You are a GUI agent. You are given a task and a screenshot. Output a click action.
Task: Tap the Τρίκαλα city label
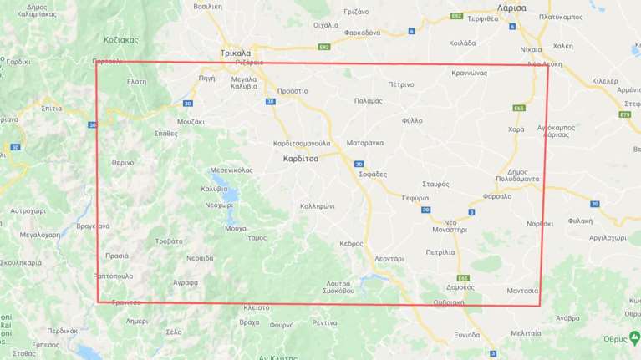pos(236,53)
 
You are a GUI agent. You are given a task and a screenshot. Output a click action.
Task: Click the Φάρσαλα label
pos(497,196)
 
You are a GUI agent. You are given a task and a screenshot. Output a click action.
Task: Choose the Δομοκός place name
pos(460,286)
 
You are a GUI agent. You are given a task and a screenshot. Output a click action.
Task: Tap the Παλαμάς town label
pos(369,100)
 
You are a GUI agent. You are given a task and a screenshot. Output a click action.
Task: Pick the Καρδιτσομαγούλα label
pos(303,144)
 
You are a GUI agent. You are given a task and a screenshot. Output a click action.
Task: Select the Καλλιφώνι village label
pos(318,205)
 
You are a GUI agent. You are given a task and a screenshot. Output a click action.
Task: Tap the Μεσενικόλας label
pos(231,170)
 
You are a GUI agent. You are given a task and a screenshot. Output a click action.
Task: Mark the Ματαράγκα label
pos(364,143)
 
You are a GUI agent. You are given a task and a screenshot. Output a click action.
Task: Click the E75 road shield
pos(626,114)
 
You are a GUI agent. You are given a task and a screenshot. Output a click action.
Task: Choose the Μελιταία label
pos(526,332)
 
